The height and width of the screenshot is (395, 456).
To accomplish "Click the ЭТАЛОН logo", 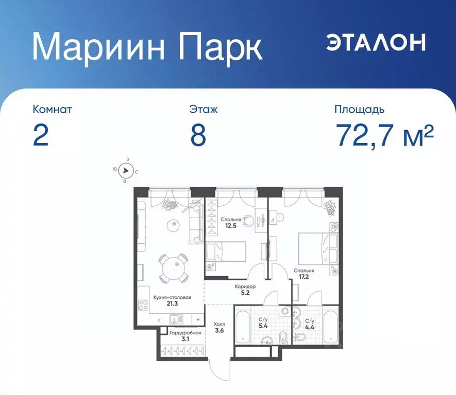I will [376, 43].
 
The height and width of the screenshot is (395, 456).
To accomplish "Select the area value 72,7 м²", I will [384, 135].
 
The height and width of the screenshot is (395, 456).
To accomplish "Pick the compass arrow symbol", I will [125, 171].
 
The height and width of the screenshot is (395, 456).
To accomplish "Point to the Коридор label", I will [245, 287].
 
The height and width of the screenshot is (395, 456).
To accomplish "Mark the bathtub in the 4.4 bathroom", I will [329, 327].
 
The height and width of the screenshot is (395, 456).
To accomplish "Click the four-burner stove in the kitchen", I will [143, 303].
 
